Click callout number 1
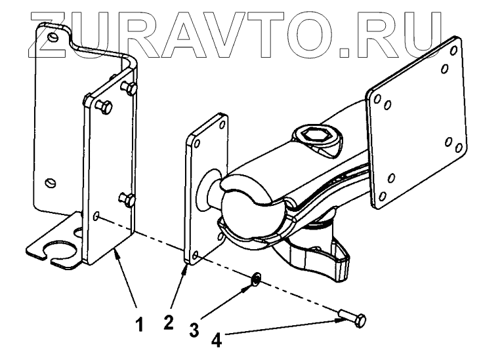coord(138,325)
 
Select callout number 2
coord(169,325)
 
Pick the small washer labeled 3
coord(256,280)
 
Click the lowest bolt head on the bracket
coord(126,197)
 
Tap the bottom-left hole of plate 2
coord(194,250)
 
